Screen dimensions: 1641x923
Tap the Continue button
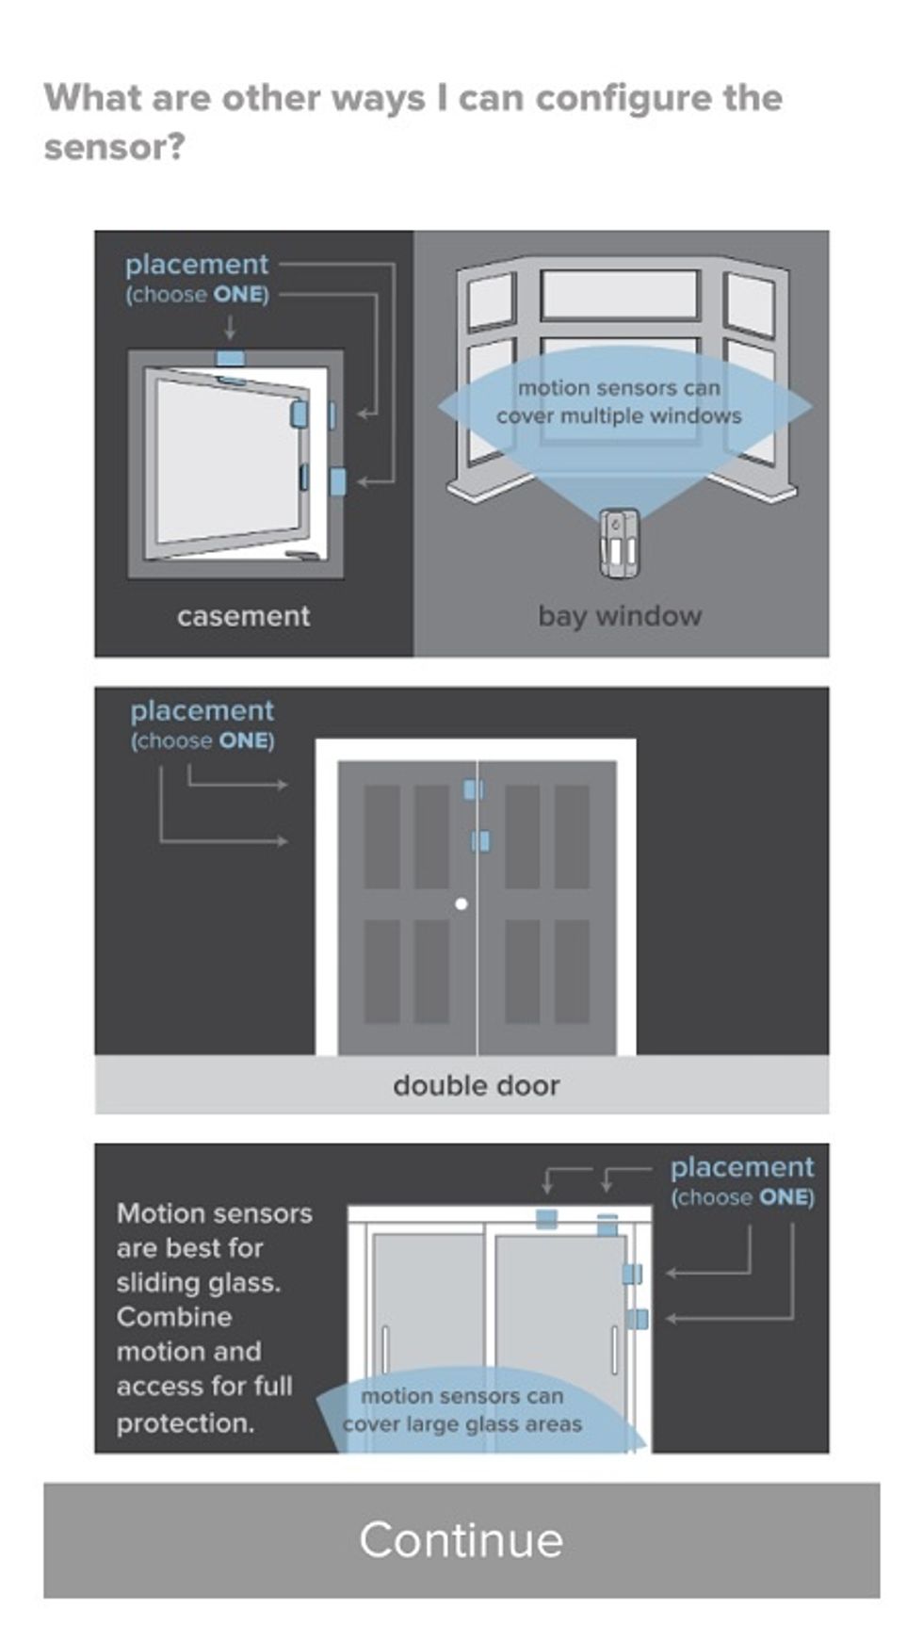(461, 1539)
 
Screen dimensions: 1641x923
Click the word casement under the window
(243, 616)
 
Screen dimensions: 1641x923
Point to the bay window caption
(620, 616)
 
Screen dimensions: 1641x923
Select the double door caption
(476, 1085)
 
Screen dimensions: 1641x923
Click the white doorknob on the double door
(461, 903)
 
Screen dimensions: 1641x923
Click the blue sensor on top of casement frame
(230, 359)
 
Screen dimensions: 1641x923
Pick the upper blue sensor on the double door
(473, 789)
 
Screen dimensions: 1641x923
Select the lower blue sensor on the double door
(480, 840)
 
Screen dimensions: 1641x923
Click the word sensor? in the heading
(114, 147)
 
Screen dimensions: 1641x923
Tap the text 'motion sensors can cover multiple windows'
(619, 402)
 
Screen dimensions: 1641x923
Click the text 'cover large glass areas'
(461, 1423)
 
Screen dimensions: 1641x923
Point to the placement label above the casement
(197, 264)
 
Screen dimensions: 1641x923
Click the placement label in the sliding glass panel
(741, 1167)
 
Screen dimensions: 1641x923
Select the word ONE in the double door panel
(245, 740)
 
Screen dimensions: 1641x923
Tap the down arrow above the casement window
(230, 327)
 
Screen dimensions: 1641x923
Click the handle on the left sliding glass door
(384, 1350)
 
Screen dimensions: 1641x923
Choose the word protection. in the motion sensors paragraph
(186, 1422)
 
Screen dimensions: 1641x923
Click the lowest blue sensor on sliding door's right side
(637, 1319)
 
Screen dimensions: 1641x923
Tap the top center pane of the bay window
(619, 294)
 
